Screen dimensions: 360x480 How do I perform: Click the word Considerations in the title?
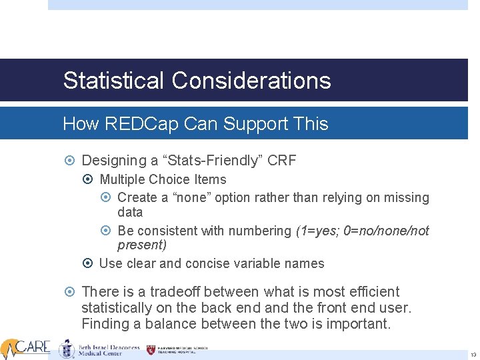[x=251, y=81]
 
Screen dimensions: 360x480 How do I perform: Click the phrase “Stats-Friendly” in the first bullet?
[x=215, y=161]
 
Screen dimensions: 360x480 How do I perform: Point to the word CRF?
[x=282, y=161]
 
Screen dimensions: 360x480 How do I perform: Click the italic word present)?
[x=142, y=245]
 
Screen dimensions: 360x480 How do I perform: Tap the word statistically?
[x=117, y=308]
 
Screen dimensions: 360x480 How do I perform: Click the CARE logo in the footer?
[x=27, y=347]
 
